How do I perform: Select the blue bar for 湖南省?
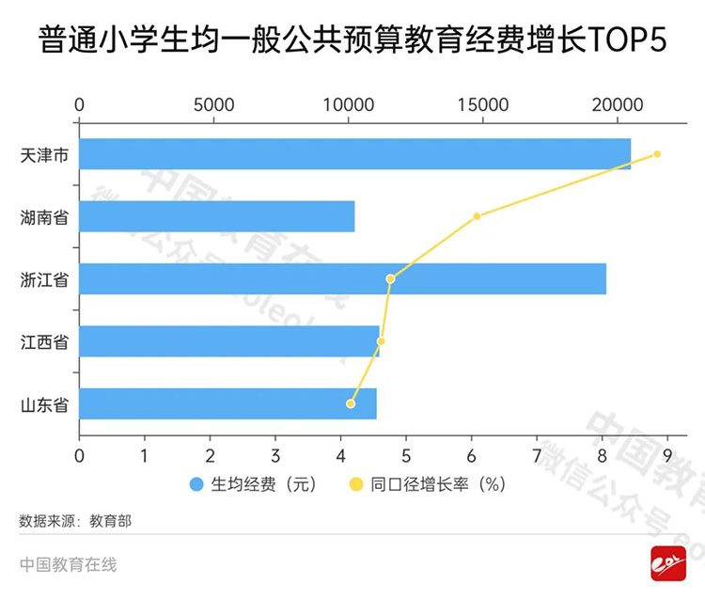216,216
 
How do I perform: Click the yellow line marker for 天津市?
657,154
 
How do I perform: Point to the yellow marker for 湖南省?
477,216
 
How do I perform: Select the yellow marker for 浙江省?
390,278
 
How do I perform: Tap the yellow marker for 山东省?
351,403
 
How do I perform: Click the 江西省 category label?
44,341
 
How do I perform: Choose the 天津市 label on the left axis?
44,154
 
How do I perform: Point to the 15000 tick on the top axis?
482,104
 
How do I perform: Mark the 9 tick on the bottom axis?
667,456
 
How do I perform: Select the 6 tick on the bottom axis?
471,456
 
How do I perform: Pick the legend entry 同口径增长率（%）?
427,485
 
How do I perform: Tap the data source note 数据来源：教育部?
75,519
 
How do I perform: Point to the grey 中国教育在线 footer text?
68,564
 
